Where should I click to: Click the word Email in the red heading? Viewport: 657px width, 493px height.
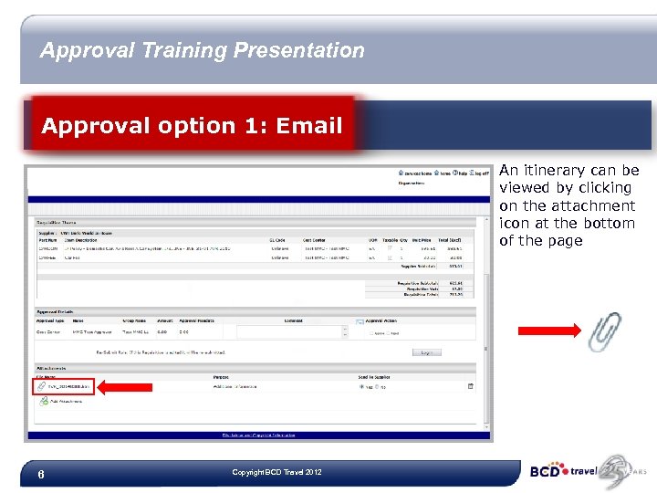pos(314,125)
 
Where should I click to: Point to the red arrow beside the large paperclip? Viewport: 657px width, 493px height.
pos(549,330)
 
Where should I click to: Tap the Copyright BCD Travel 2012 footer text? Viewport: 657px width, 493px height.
pos(276,472)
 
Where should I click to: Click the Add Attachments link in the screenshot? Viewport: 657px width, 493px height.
pos(67,403)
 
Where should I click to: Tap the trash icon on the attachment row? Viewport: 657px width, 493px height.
pos(471,386)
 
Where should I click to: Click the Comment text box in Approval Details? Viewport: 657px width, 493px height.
pos(291,332)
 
